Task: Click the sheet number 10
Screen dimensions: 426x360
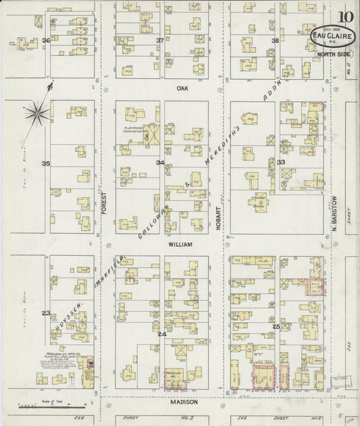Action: pos(345,16)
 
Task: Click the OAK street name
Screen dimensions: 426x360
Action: pos(181,88)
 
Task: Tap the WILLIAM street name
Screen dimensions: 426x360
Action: pos(180,244)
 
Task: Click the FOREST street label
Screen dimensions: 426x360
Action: pos(104,201)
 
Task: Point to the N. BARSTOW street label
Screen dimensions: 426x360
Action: pos(334,211)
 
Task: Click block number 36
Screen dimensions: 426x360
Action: pos(47,41)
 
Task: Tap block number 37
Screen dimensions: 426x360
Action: pos(160,41)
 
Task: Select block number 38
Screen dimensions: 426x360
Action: pos(275,41)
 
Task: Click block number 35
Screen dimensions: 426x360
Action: pos(46,164)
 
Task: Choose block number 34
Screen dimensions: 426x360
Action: pos(160,163)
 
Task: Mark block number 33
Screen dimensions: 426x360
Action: pos(280,163)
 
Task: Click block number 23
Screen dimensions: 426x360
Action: pos(46,313)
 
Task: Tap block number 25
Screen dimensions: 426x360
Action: pos(276,327)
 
